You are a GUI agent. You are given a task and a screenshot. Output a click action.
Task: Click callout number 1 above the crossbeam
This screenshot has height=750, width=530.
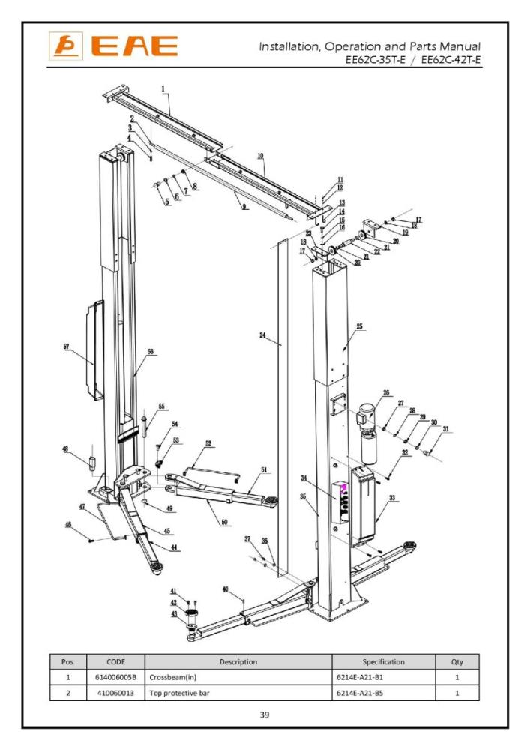[163, 89]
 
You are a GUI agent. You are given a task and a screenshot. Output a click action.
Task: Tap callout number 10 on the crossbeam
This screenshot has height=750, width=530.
[260, 156]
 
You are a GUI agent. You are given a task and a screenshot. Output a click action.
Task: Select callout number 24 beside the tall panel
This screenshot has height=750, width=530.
[263, 335]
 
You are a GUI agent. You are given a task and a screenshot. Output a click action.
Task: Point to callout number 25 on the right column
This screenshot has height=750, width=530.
[359, 326]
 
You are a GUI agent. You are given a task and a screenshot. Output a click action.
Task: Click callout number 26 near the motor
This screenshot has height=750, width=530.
[387, 392]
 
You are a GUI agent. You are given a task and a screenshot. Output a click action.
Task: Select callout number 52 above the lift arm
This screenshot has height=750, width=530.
[208, 443]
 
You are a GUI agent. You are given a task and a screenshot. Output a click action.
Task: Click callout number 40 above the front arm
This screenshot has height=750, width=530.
[225, 589]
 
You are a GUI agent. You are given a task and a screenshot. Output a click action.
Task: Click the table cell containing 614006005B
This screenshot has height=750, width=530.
[115, 677]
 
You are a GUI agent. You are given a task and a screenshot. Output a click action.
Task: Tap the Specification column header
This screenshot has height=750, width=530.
[383, 662]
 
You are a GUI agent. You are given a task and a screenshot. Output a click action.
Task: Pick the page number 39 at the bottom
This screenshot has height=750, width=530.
[264, 715]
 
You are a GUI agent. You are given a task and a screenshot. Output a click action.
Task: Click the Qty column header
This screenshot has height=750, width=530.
[457, 662]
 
